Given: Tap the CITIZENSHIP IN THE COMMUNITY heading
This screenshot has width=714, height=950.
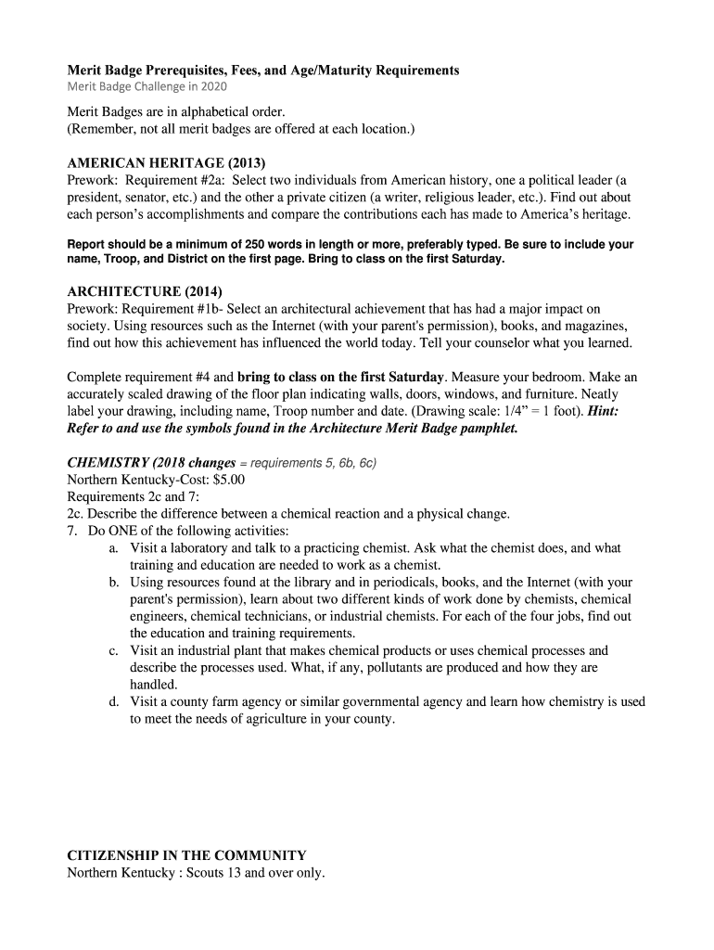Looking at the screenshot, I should tap(186, 855).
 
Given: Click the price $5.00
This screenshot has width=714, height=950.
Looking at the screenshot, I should tap(227, 480).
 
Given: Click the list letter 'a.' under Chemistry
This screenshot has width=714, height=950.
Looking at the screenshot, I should tap(113, 548).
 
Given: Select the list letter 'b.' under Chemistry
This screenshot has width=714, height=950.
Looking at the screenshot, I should tap(113, 583).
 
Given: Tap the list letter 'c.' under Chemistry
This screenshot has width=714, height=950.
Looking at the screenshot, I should tap(113, 651).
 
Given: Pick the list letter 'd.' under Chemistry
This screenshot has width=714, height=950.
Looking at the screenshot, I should tap(113, 702).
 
